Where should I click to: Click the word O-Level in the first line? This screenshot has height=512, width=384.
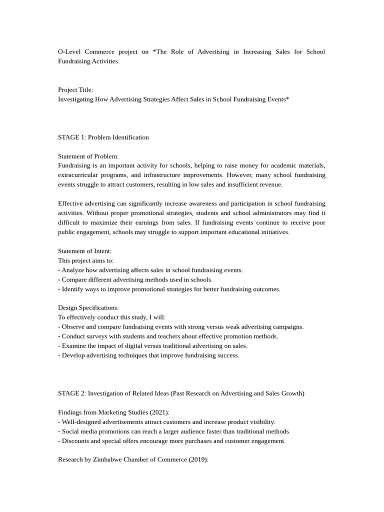[70, 51]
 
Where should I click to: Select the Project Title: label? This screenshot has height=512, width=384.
[75, 89]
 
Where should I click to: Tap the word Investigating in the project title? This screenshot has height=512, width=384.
[77, 99]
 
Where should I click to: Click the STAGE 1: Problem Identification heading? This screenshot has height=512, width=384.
[103, 137]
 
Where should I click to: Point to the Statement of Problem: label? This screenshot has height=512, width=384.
[88, 156]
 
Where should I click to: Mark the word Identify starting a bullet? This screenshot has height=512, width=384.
[73, 289]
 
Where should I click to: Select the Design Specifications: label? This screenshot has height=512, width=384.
[88, 308]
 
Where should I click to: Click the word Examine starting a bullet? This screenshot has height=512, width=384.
[74, 345]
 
